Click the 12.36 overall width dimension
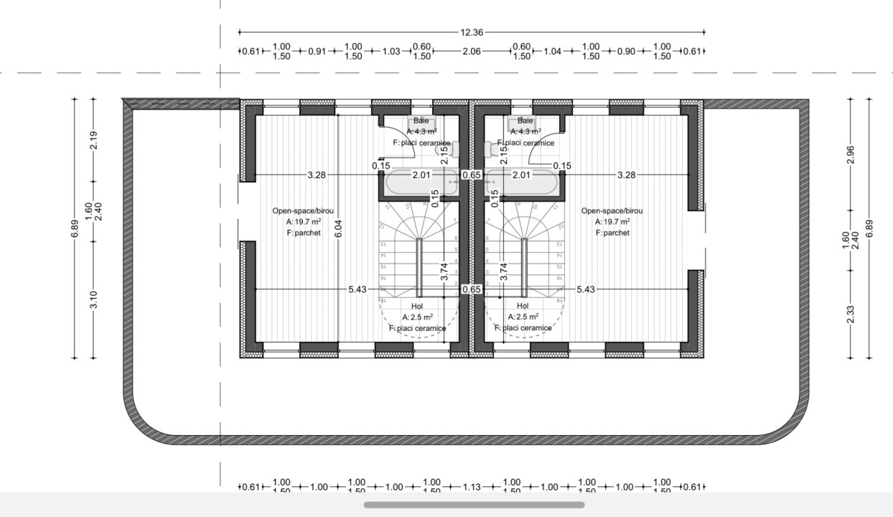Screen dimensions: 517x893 472,32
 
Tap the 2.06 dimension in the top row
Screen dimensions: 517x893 472,51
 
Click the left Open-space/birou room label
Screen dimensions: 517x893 302,210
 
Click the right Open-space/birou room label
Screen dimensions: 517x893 612,210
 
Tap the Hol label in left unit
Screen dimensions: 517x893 417,307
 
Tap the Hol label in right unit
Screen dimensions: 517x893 523,307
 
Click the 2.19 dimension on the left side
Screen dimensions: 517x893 93,140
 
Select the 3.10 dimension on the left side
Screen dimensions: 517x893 93,299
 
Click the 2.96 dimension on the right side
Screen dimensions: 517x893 851,154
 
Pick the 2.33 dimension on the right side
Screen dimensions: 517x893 851,314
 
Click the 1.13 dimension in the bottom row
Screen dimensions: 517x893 472,487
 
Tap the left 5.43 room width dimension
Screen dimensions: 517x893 357,289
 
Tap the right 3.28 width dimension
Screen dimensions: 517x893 626,174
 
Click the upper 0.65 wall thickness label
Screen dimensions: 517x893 472,174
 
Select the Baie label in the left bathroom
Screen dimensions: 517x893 421,121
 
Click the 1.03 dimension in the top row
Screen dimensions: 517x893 391,51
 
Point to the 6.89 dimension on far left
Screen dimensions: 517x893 75,228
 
